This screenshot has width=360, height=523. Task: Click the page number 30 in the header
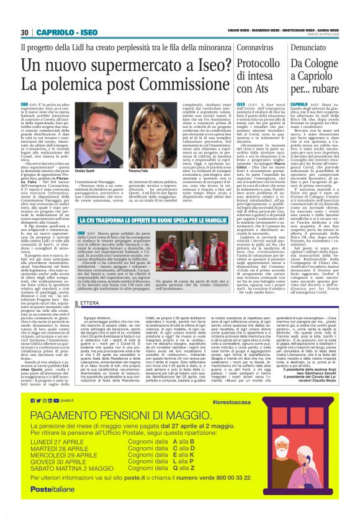(25, 33)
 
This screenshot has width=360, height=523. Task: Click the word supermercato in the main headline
(125, 65)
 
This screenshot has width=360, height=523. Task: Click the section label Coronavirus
(256, 47)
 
